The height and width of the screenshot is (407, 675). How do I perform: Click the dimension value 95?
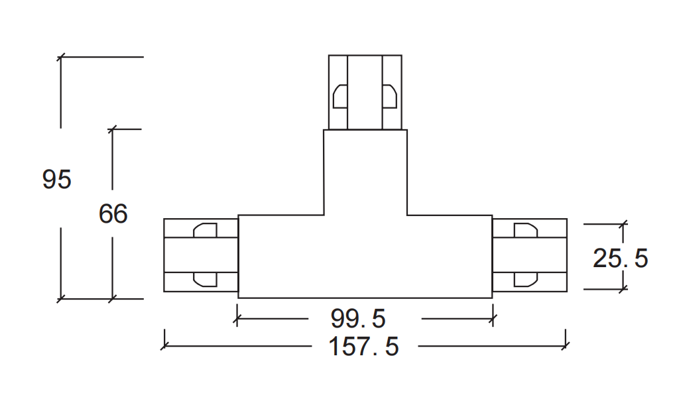coord(57,179)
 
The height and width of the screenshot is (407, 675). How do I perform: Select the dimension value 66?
coord(113,213)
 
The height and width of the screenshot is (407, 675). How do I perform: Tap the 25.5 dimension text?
coord(621,258)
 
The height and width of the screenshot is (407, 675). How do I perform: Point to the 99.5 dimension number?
coord(358,318)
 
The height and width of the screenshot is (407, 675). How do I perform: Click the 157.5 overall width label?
coord(364,346)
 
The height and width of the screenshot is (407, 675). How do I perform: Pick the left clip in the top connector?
coord(340,96)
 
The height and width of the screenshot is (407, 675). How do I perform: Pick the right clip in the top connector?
coord(390,96)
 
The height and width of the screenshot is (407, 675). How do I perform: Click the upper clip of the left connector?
coord(206,230)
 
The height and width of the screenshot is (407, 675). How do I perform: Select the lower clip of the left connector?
coord(206,280)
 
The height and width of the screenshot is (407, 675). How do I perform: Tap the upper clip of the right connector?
coord(526,230)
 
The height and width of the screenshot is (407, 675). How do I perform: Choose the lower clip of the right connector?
coord(526,280)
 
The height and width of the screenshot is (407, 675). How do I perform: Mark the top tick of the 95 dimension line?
coord(61,56)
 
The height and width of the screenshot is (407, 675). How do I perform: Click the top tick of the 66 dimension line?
coord(112,129)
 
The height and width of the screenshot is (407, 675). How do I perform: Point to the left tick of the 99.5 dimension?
coord(237,319)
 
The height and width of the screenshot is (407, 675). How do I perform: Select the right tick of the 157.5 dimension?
coord(566,345)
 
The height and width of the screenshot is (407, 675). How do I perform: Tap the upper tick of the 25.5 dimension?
coord(623,224)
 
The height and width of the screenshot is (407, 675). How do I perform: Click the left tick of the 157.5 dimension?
coord(164,345)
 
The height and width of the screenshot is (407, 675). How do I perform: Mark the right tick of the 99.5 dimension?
coord(493,319)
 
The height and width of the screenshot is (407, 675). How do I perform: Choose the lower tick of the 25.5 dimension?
coord(623,289)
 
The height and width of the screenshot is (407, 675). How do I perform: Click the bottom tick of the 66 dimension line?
coord(112,298)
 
